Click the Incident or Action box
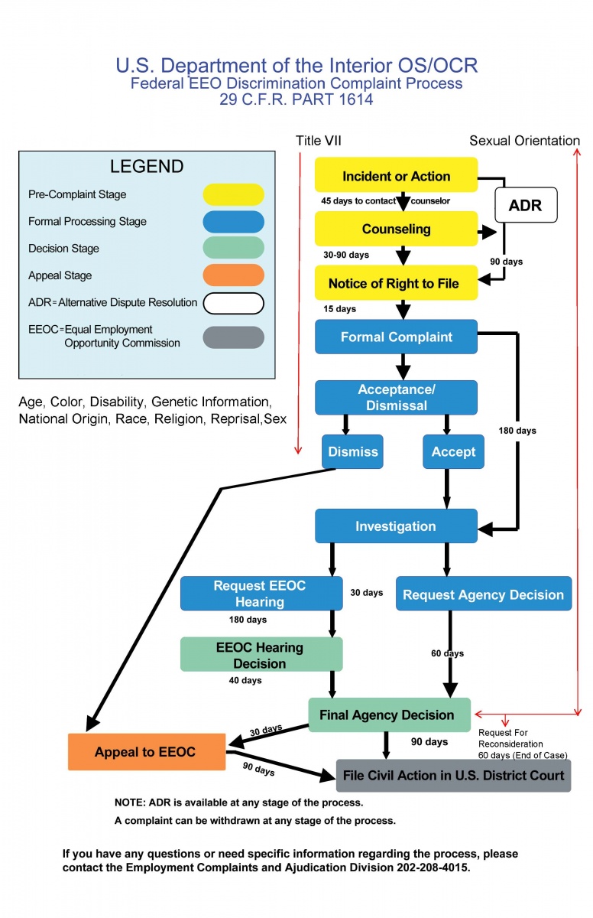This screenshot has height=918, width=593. pyautogui.click(x=396, y=175)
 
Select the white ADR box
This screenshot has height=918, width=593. pyautogui.click(x=526, y=205)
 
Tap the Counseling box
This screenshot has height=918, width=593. pyautogui.click(x=396, y=229)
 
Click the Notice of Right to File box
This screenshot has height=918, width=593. pyautogui.click(x=396, y=283)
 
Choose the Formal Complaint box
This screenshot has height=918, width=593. pyautogui.click(x=396, y=337)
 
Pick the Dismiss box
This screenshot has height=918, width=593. pyautogui.click(x=352, y=451)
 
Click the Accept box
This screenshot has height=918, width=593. pyautogui.click(x=453, y=451)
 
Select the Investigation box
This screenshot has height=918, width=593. pyautogui.click(x=396, y=526)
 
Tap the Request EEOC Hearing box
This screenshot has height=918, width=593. pyautogui.click(x=261, y=594)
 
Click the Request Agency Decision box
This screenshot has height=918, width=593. pyautogui.click(x=483, y=594)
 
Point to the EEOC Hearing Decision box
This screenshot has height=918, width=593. pyautogui.click(x=261, y=655)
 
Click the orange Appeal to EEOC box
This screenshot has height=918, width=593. pyautogui.click(x=146, y=752)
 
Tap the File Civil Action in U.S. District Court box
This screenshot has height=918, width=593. pyautogui.click(x=453, y=775)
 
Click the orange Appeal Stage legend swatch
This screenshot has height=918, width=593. pyautogui.click(x=233, y=275)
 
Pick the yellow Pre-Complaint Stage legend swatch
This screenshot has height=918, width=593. pyautogui.click(x=233, y=194)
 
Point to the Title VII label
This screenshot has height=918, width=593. pyautogui.click(x=319, y=141)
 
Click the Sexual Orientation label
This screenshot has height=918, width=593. pyautogui.click(x=524, y=141)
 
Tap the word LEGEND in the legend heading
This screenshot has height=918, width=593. pyautogui.click(x=147, y=167)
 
